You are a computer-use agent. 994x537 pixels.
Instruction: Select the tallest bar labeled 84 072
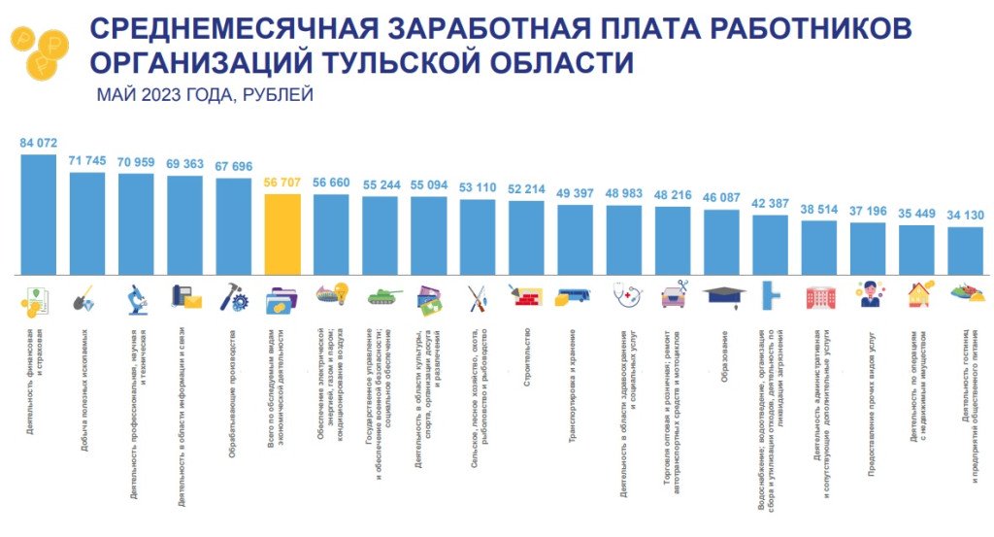(x=39, y=214)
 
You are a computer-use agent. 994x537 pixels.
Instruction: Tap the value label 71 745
(x=87, y=160)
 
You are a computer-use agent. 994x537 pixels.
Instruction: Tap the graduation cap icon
(x=721, y=295)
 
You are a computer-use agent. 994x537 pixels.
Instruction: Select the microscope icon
(x=137, y=298)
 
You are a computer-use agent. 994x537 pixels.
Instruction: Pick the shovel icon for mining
(x=85, y=299)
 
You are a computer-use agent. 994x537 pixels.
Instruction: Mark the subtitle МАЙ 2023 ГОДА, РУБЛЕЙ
(x=204, y=95)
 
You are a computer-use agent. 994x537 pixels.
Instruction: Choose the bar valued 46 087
(x=721, y=243)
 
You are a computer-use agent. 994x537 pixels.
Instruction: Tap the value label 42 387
(x=771, y=203)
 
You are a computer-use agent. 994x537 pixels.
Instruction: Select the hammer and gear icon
(x=233, y=297)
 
